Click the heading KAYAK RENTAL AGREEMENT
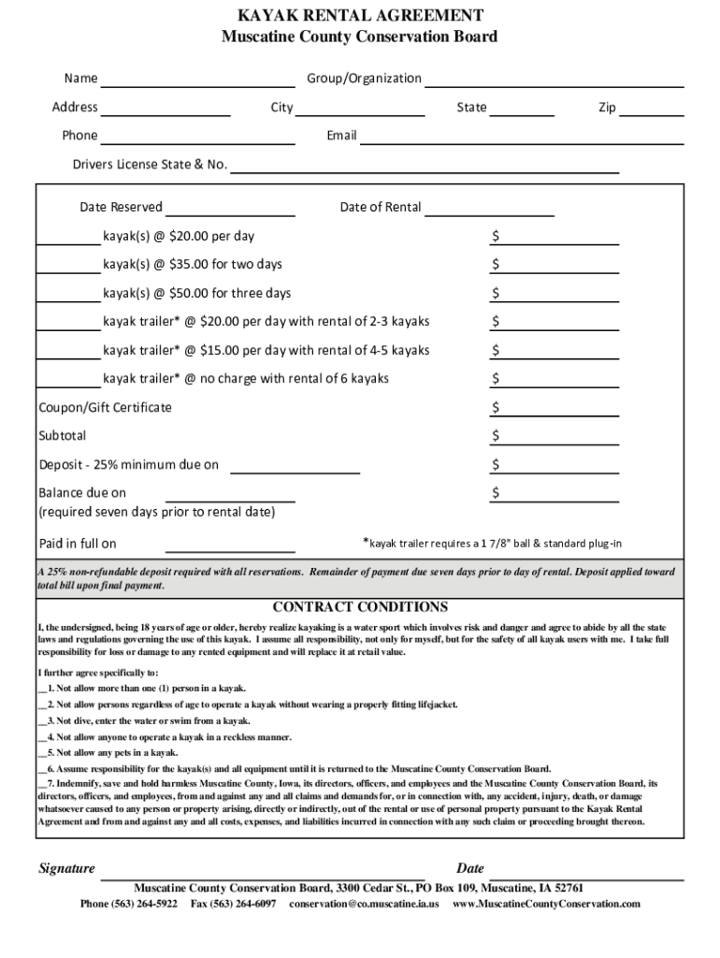tap(359, 16)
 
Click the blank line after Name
tap(197, 80)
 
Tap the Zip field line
tap(652, 109)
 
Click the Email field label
tap(341, 136)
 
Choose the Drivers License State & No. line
tap(425, 167)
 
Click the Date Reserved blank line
tap(230, 209)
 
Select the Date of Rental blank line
tap(489, 209)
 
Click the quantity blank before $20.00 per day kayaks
tap(69, 237)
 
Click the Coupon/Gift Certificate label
tap(105, 408)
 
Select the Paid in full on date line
tap(230, 545)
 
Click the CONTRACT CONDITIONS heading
tap(359, 607)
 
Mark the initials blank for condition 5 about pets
tap(42, 753)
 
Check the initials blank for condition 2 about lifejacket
tap(42, 704)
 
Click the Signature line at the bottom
tap(262, 872)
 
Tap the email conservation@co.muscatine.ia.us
tap(364, 905)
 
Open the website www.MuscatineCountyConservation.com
tap(546, 905)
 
